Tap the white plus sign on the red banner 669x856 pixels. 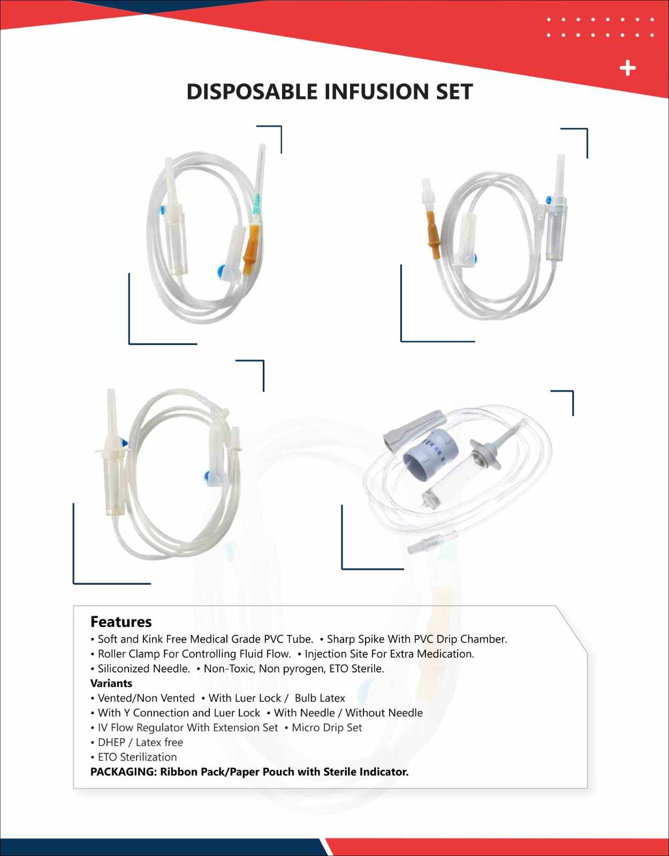click(627, 68)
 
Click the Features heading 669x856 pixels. click(121, 622)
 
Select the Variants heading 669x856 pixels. click(111, 683)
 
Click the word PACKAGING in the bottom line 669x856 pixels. click(123, 771)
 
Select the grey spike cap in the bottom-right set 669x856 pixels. click(412, 429)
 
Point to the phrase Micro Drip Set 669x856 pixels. click(326, 728)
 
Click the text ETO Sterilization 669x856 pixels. click(137, 757)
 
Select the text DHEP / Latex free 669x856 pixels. click(140, 742)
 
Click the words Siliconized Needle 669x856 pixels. click(144, 669)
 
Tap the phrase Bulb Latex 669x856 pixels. click(320, 698)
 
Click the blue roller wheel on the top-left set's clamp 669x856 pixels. click(221, 271)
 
